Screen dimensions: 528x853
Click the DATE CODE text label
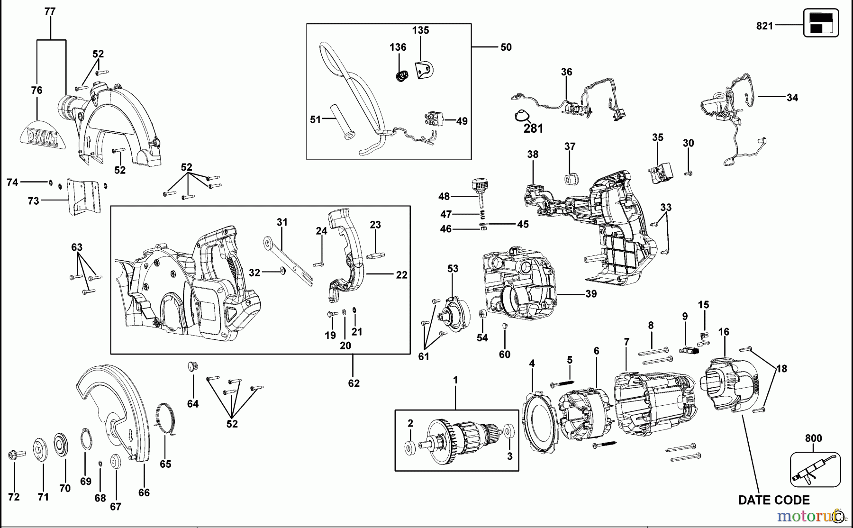click(773, 500)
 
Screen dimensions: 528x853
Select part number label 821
click(764, 26)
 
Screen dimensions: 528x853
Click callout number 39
click(591, 294)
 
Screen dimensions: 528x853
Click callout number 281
click(533, 128)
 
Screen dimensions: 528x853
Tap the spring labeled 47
click(481, 214)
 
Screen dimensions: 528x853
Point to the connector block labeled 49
click(434, 119)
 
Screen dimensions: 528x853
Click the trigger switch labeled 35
click(660, 173)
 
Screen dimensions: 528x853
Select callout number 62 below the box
click(354, 383)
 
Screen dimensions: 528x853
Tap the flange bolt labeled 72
click(13, 455)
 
